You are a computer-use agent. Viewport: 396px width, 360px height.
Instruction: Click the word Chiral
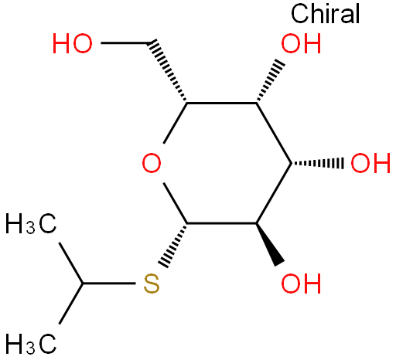(326, 14)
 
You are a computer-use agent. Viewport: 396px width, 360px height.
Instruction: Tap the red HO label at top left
(73, 43)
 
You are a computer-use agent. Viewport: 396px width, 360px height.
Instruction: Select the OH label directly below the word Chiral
(301, 43)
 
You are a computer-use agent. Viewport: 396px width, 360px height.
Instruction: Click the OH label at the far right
(370, 163)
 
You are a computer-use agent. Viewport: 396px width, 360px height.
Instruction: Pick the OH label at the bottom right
(301, 284)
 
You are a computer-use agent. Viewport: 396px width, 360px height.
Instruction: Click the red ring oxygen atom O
(152, 163)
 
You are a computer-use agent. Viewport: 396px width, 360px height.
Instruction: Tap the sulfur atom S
(152, 284)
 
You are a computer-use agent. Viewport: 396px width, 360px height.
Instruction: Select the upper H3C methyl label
(31, 223)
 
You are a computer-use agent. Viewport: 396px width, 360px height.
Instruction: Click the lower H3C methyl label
(31, 344)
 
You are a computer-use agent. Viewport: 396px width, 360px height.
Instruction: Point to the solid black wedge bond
(270, 244)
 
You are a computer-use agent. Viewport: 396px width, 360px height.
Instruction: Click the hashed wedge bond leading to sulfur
(173, 246)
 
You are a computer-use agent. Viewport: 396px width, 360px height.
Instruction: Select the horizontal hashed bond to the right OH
(317, 163)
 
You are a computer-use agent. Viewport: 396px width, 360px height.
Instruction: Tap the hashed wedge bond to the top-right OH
(271, 81)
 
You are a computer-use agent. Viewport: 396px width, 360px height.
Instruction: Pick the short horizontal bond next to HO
(125, 42)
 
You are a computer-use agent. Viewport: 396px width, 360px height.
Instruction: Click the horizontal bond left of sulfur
(109, 284)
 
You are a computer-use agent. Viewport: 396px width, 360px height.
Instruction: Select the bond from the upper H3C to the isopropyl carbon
(71, 263)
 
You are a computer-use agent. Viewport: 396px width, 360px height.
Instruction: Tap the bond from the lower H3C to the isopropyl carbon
(71, 304)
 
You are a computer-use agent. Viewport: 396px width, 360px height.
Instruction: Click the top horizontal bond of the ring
(222, 103)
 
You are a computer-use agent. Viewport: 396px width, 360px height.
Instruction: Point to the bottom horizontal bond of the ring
(222, 223)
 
